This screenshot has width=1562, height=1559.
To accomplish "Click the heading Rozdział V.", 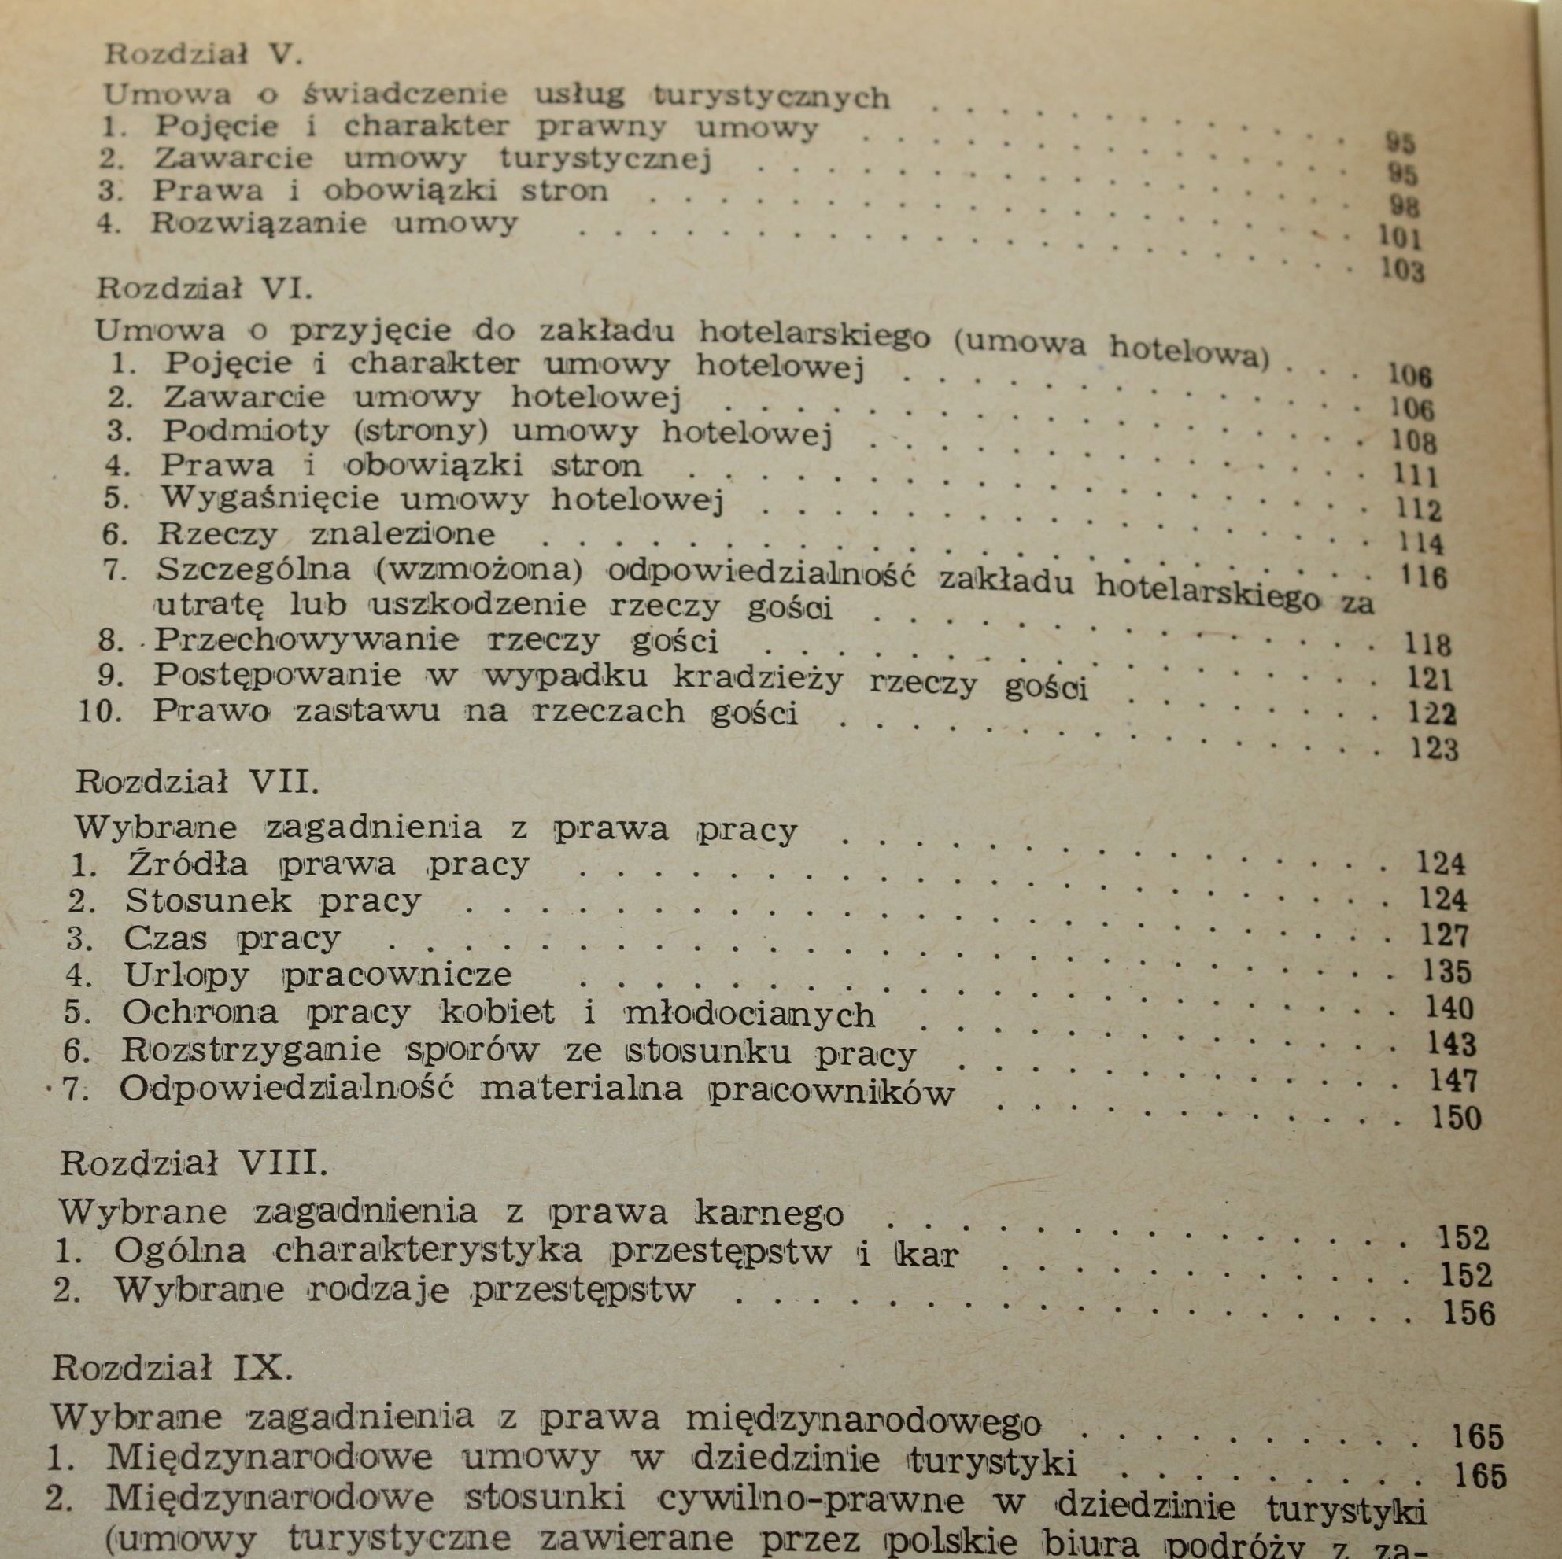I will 202,55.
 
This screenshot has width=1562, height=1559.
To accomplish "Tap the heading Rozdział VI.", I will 204,289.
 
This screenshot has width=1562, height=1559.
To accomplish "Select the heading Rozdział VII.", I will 198,782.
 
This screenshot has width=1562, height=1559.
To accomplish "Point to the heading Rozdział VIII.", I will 194,1163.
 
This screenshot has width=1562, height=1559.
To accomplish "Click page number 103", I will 1402,269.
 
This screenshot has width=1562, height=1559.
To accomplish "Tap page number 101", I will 1398,237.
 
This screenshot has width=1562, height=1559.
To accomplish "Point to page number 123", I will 1435,749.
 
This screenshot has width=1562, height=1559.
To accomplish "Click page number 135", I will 1446,971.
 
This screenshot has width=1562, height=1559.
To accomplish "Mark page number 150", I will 1456,1119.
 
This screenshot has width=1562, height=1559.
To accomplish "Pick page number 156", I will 1469,1314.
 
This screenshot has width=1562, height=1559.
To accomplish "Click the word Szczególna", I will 254,569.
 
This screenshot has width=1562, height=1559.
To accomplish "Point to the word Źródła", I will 186,864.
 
